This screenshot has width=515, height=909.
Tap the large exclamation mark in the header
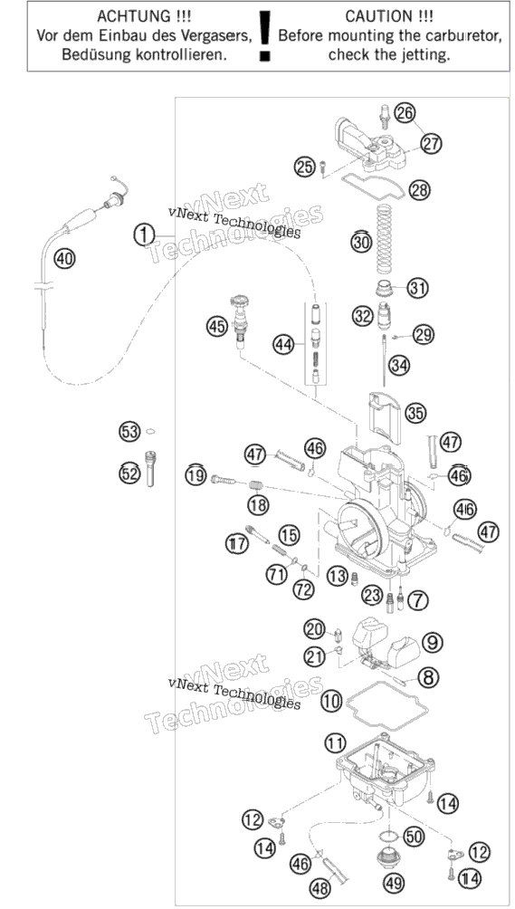click(x=265, y=34)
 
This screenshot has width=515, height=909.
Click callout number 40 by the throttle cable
click(x=65, y=259)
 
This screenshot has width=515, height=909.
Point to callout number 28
click(x=420, y=190)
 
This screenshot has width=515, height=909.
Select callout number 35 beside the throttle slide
click(x=415, y=414)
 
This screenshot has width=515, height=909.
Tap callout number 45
click(x=217, y=326)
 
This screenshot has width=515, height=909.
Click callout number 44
click(x=283, y=346)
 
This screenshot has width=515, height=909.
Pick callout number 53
click(x=129, y=431)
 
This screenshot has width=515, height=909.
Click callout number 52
click(x=129, y=474)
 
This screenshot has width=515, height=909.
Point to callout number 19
click(x=196, y=476)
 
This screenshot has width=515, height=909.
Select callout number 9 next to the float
click(x=432, y=642)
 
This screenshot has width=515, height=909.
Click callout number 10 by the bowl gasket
click(x=332, y=702)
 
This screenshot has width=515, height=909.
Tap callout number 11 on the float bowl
click(x=335, y=742)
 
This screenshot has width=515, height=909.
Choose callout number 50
click(x=414, y=836)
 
